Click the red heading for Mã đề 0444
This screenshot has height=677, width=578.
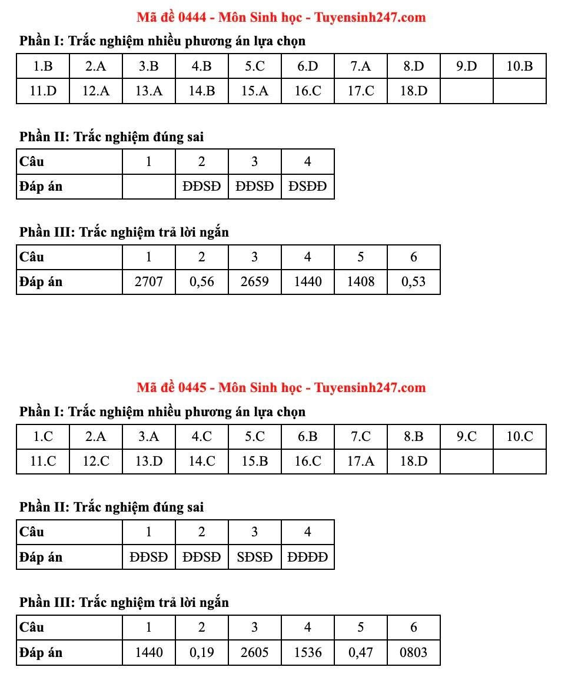point(281,17)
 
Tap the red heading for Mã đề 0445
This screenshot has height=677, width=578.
point(281,387)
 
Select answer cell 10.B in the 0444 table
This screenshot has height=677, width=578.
point(519,66)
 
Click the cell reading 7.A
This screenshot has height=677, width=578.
point(360,66)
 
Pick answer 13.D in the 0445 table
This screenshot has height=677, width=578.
point(149,461)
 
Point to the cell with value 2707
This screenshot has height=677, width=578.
point(148,281)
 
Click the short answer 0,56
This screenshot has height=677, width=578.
point(201,281)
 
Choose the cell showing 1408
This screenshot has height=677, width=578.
point(360,281)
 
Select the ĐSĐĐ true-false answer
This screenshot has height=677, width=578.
point(307,187)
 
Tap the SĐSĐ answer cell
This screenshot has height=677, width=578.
point(254,557)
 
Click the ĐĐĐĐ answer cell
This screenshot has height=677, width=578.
point(307,557)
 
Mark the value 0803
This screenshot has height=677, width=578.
point(413,652)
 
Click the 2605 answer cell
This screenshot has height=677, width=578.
point(254,652)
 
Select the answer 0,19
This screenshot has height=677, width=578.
point(201,652)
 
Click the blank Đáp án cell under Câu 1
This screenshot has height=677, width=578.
point(149,187)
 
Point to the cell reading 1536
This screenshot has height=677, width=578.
point(307,652)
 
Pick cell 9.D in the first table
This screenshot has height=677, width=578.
point(466,66)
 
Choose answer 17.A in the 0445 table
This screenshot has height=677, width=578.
point(360,461)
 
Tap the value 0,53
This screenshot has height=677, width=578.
point(413,281)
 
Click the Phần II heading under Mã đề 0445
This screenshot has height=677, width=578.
point(111,507)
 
